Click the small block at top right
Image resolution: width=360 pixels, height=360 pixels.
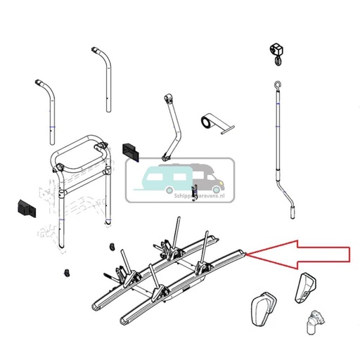[x=276, y=51]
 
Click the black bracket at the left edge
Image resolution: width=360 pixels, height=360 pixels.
[x=25, y=207]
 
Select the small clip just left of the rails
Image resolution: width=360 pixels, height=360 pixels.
[x=110, y=247]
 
